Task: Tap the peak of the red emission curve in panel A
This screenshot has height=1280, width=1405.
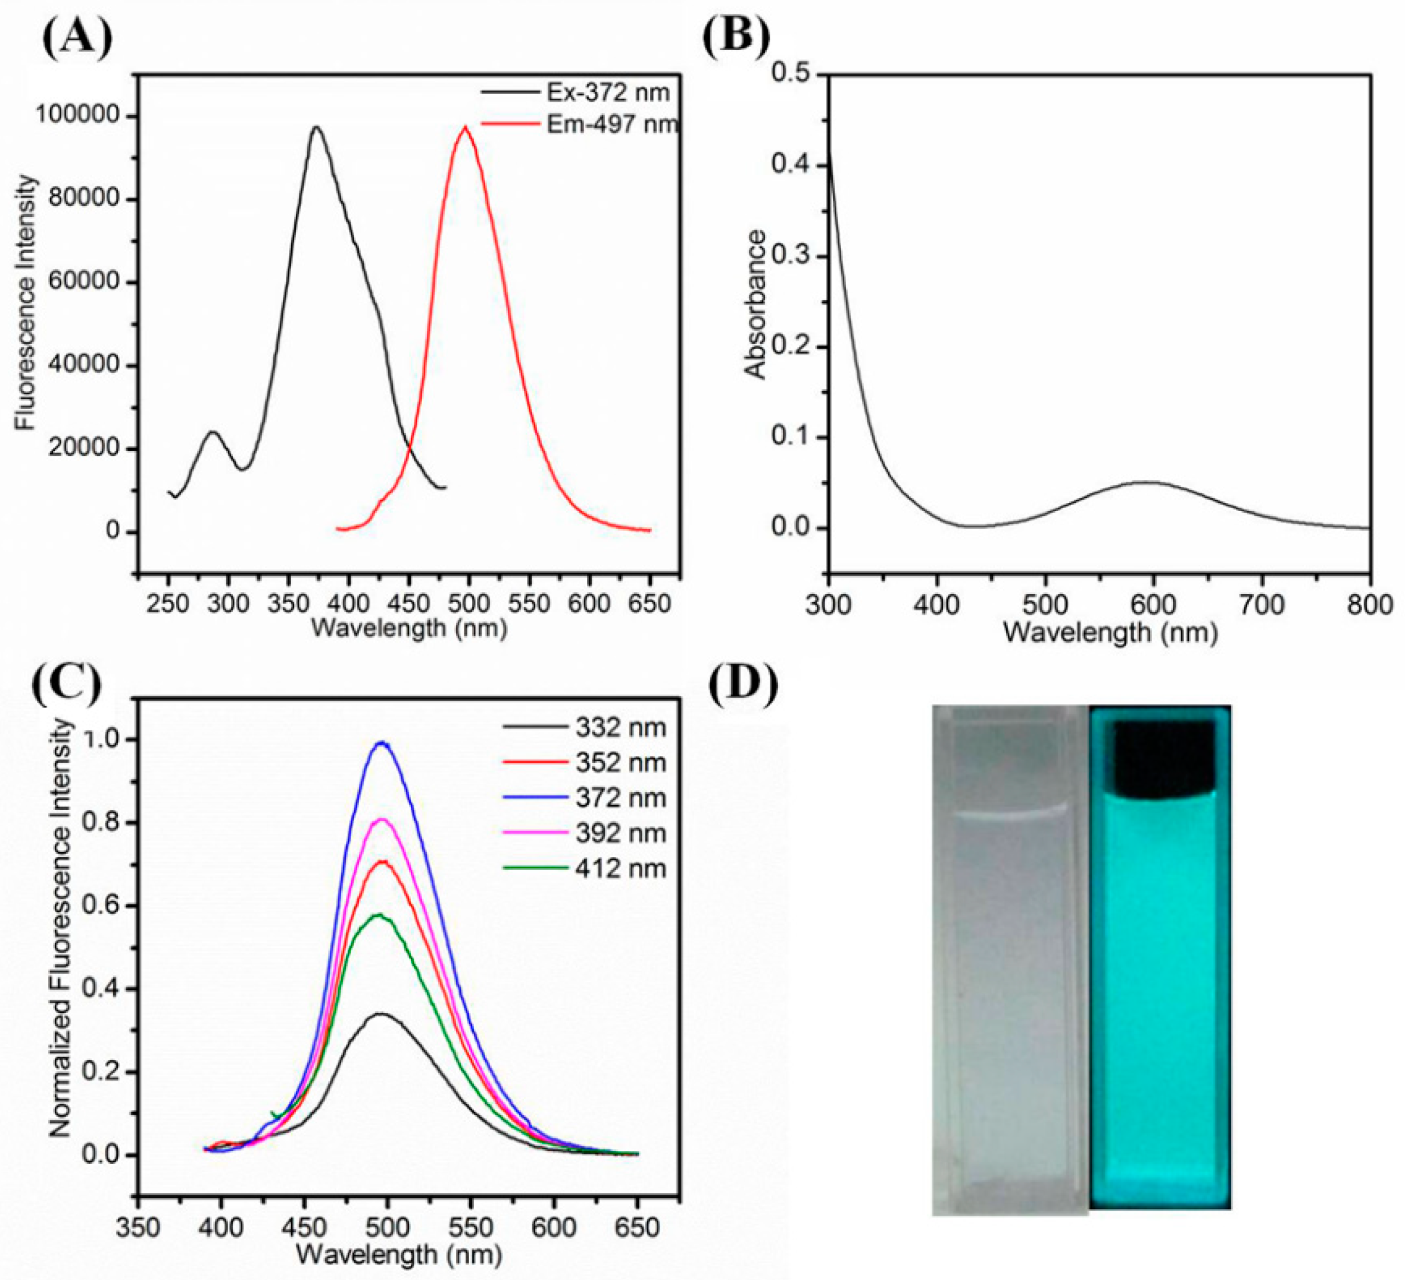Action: [465, 128]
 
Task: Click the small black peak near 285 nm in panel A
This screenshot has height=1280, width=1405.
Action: [213, 433]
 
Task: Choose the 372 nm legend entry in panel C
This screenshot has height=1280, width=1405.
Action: [584, 798]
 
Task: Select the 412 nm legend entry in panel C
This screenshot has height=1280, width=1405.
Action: [584, 869]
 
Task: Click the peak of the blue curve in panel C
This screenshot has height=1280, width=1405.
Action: [381, 743]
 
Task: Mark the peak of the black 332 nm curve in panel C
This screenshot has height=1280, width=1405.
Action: [380, 1014]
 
